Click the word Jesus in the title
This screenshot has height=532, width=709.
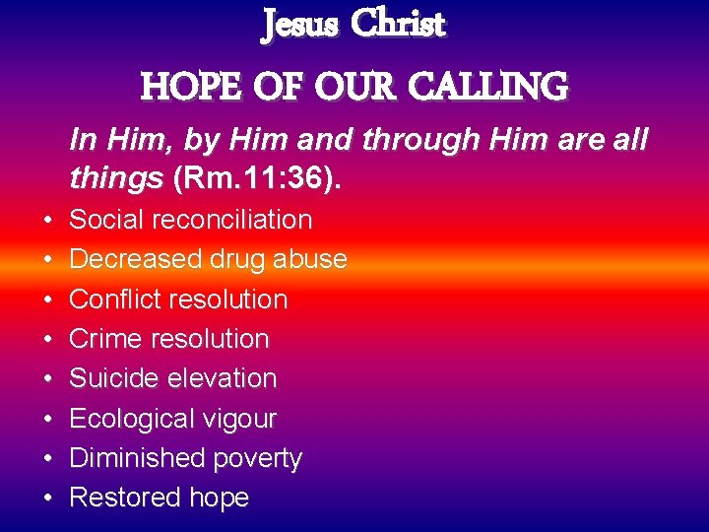coord(298,25)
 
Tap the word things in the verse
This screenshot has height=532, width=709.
coord(116,178)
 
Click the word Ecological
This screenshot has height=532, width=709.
coord(130,419)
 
